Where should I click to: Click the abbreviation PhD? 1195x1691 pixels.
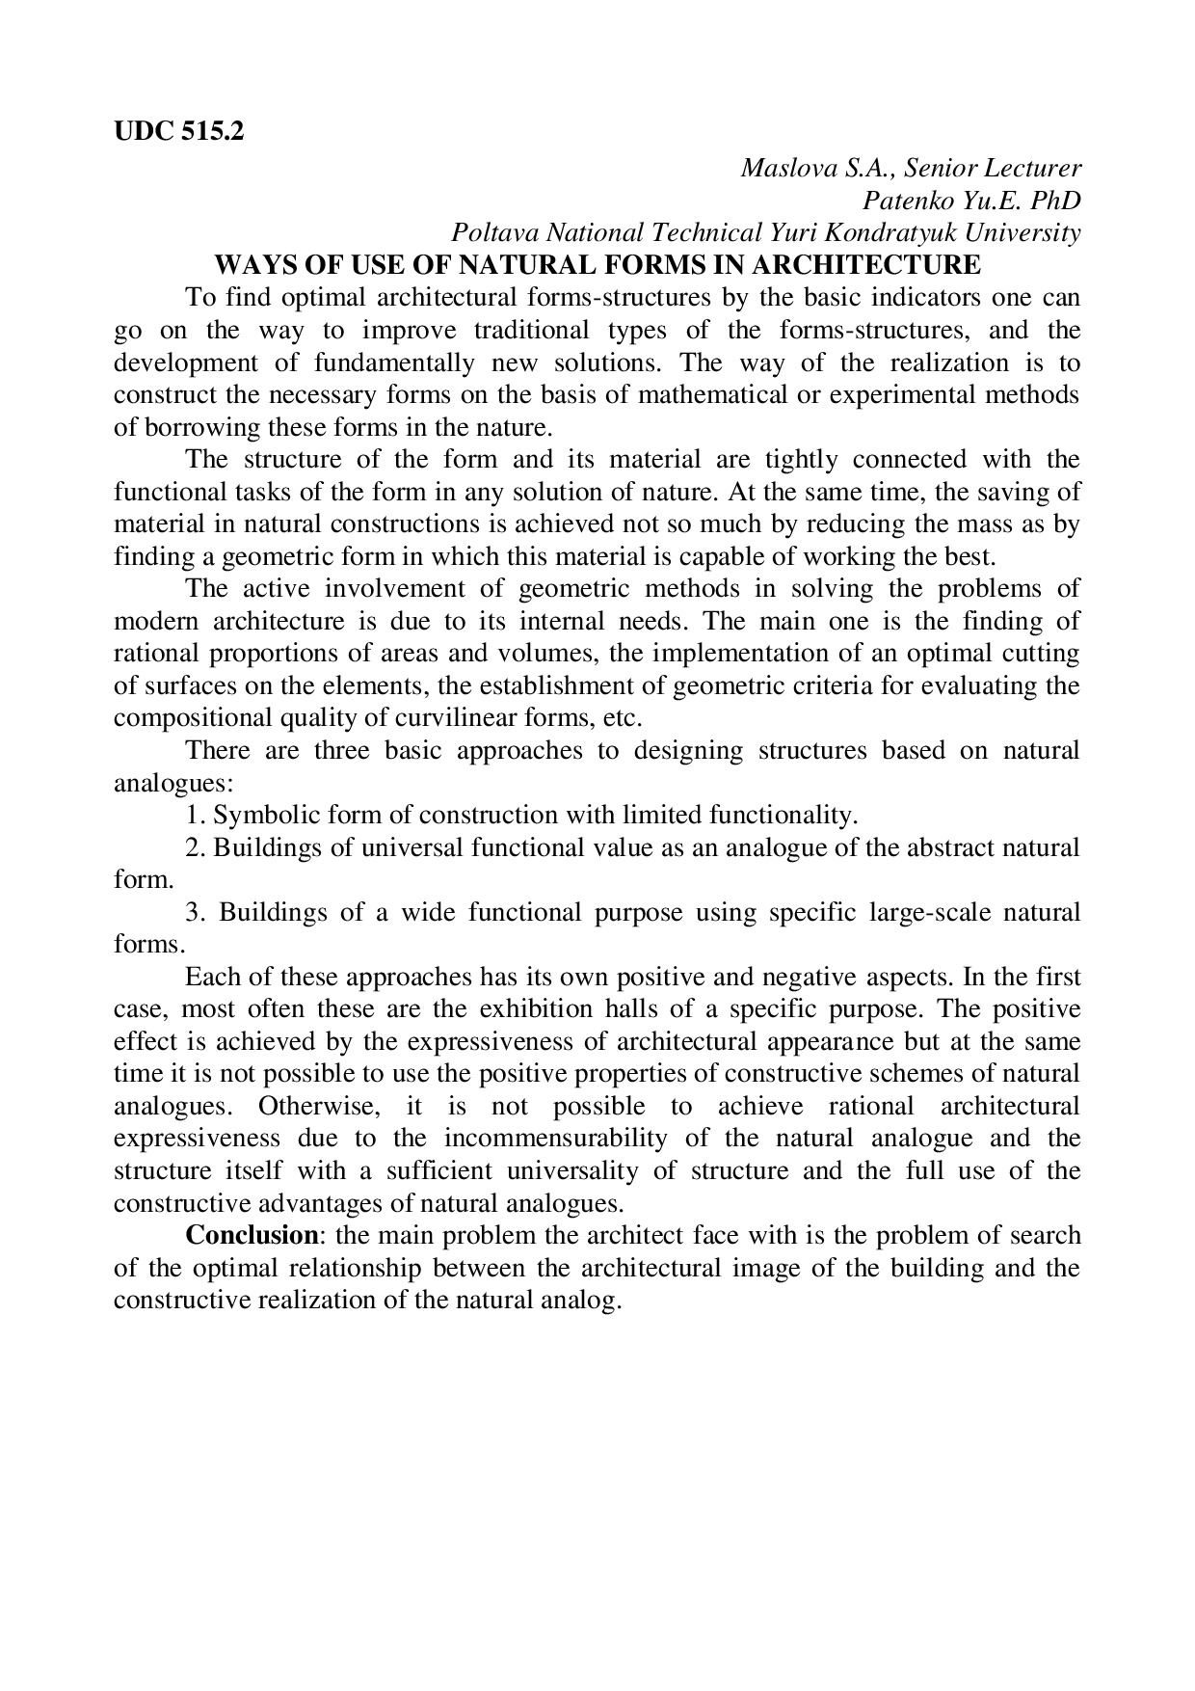[x=1054, y=201]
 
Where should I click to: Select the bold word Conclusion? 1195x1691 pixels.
[x=252, y=1236]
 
